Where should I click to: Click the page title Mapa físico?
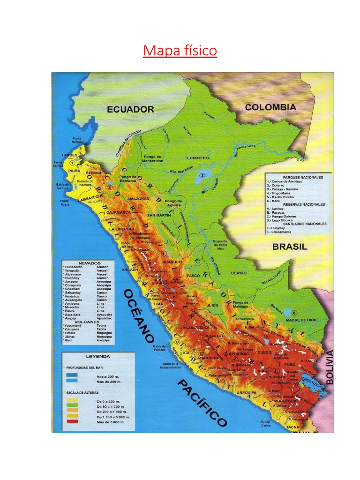point(180,50)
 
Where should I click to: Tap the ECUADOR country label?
point(130,110)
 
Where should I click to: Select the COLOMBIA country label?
point(270,107)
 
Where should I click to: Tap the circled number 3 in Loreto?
point(202,175)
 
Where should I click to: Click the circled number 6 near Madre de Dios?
point(294,312)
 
